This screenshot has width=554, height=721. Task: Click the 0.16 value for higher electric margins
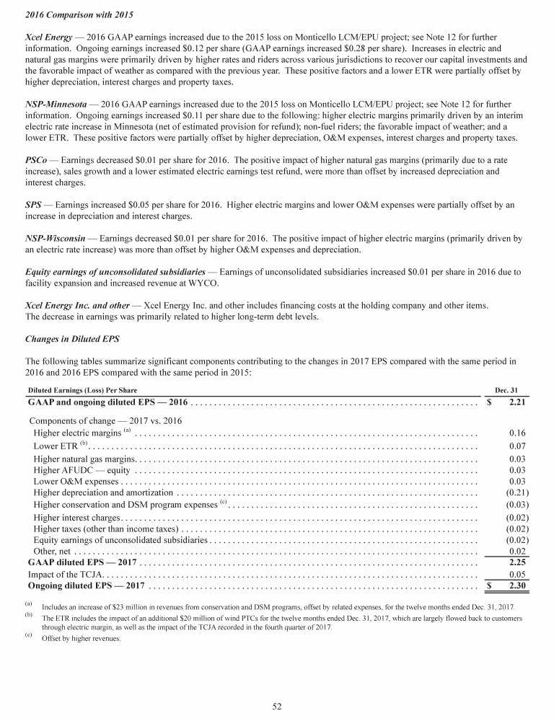pos(516,433)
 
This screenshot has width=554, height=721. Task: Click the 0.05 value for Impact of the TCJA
pos(516,575)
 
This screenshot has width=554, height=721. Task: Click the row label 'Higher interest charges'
pos(77,517)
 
